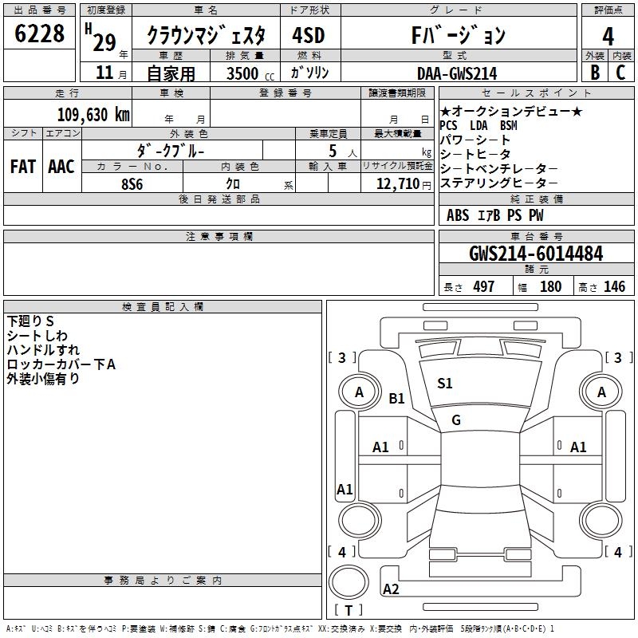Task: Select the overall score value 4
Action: (608, 37)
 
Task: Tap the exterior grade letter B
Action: (594, 72)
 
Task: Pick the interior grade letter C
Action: (621, 72)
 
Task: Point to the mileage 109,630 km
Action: (93, 114)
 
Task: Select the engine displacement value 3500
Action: (242, 73)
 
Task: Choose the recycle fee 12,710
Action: (398, 183)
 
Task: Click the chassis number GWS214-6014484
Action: (536, 254)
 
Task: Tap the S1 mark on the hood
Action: (444, 384)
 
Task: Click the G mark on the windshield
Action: (456, 420)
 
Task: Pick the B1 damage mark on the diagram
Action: (397, 399)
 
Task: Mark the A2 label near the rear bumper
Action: (391, 589)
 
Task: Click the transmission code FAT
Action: (22, 166)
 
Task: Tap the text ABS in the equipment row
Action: (458, 215)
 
